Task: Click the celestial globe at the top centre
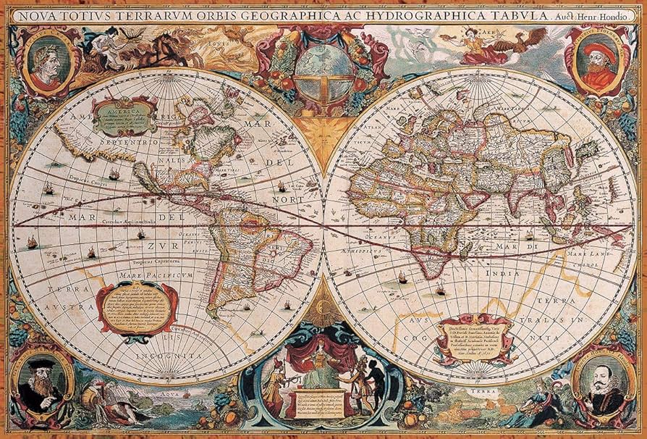coord(323,69)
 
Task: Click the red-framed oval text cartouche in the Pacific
coord(137,306)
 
